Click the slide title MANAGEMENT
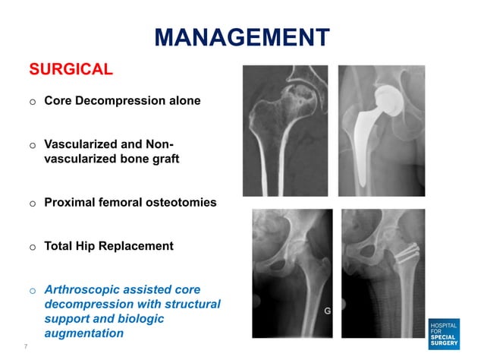point(242,36)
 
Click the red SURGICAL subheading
point(71,70)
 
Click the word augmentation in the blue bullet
point(84,333)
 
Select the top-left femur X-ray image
point(285,131)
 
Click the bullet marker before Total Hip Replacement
point(33,247)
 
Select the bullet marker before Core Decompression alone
point(33,102)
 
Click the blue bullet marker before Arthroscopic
point(33,290)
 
